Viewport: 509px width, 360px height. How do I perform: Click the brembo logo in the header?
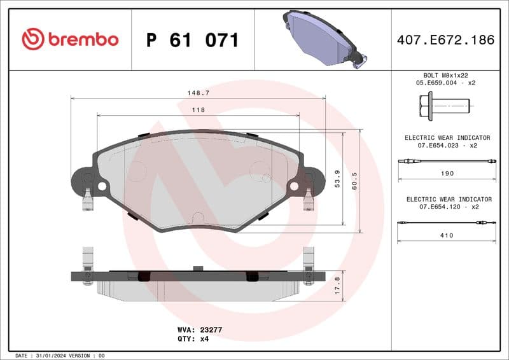(x=70, y=39)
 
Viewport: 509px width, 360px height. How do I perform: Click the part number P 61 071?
(x=192, y=40)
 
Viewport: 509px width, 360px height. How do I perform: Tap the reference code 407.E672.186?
(x=445, y=40)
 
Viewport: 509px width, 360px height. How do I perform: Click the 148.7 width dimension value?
(x=198, y=93)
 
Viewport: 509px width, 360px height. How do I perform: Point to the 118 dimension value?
(x=198, y=110)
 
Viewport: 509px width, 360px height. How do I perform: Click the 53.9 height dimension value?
(x=338, y=179)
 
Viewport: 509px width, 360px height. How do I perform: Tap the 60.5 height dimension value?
(x=355, y=179)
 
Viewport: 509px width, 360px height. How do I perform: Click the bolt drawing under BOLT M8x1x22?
(x=444, y=105)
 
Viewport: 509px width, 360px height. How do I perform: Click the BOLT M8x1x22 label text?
(x=446, y=75)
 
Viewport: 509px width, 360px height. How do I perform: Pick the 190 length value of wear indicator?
(x=447, y=173)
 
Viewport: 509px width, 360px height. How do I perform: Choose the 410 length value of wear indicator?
(x=447, y=235)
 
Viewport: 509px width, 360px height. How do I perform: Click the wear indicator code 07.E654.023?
(x=438, y=145)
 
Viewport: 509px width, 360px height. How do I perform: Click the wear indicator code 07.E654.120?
(x=438, y=207)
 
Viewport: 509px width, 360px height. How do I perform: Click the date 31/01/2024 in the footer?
(x=50, y=356)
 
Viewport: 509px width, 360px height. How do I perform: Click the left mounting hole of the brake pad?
(x=101, y=186)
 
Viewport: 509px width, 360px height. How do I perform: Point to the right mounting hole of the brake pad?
(x=294, y=186)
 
